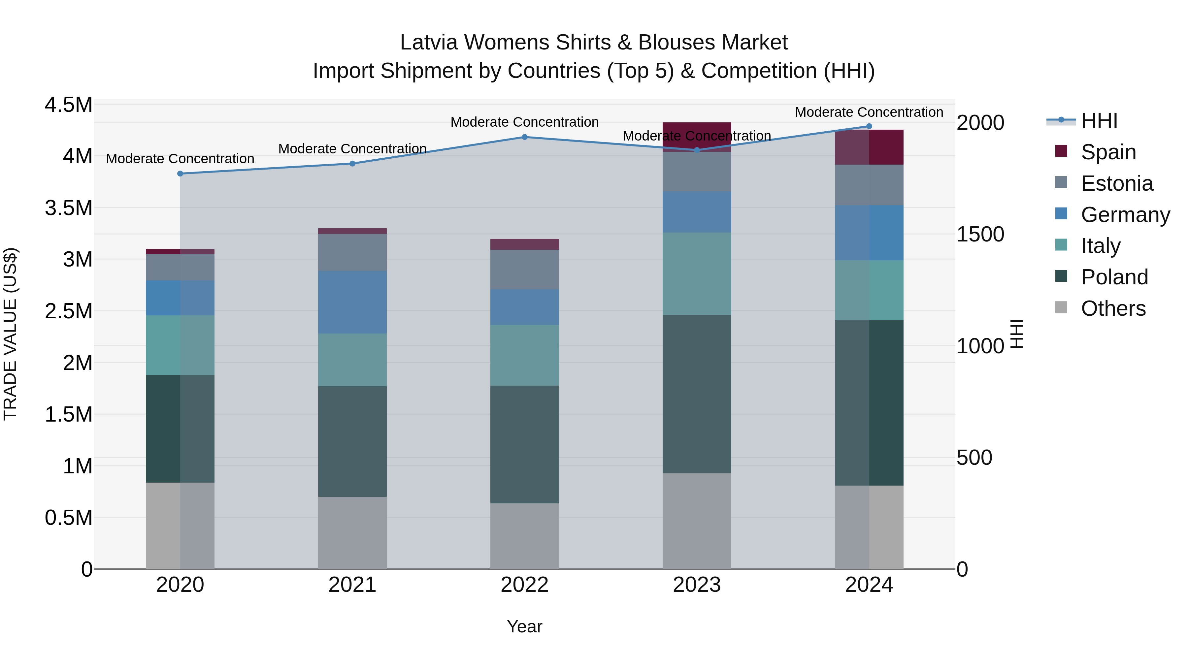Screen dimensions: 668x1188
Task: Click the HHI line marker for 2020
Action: pyautogui.click(x=180, y=174)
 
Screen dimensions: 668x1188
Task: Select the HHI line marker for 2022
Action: pyautogui.click(x=524, y=137)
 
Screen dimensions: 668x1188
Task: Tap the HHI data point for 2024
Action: pyautogui.click(x=869, y=126)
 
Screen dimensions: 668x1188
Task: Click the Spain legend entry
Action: pyautogui.click(x=1108, y=152)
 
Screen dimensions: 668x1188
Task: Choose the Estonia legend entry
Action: pyautogui.click(x=1116, y=183)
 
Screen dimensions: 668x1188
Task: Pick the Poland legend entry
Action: pyautogui.click(x=1114, y=277)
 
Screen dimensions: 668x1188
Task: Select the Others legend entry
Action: pyautogui.click(x=1113, y=308)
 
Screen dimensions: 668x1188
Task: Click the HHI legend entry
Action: pyautogui.click(x=1099, y=121)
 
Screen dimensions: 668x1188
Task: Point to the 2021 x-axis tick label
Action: pyautogui.click(x=352, y=585)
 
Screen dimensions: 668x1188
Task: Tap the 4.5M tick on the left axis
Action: pyautogui.click(x=68, y=105)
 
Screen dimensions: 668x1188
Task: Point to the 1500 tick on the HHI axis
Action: pyautogui.click(x=980, y=234)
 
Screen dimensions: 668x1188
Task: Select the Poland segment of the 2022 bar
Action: pyautogui.click(x=524, y=444)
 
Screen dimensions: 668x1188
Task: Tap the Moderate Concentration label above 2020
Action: pyautogui.click(x=180, y=159)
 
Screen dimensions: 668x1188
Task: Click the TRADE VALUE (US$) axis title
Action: pyautogui.click(x=10, y=334)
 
